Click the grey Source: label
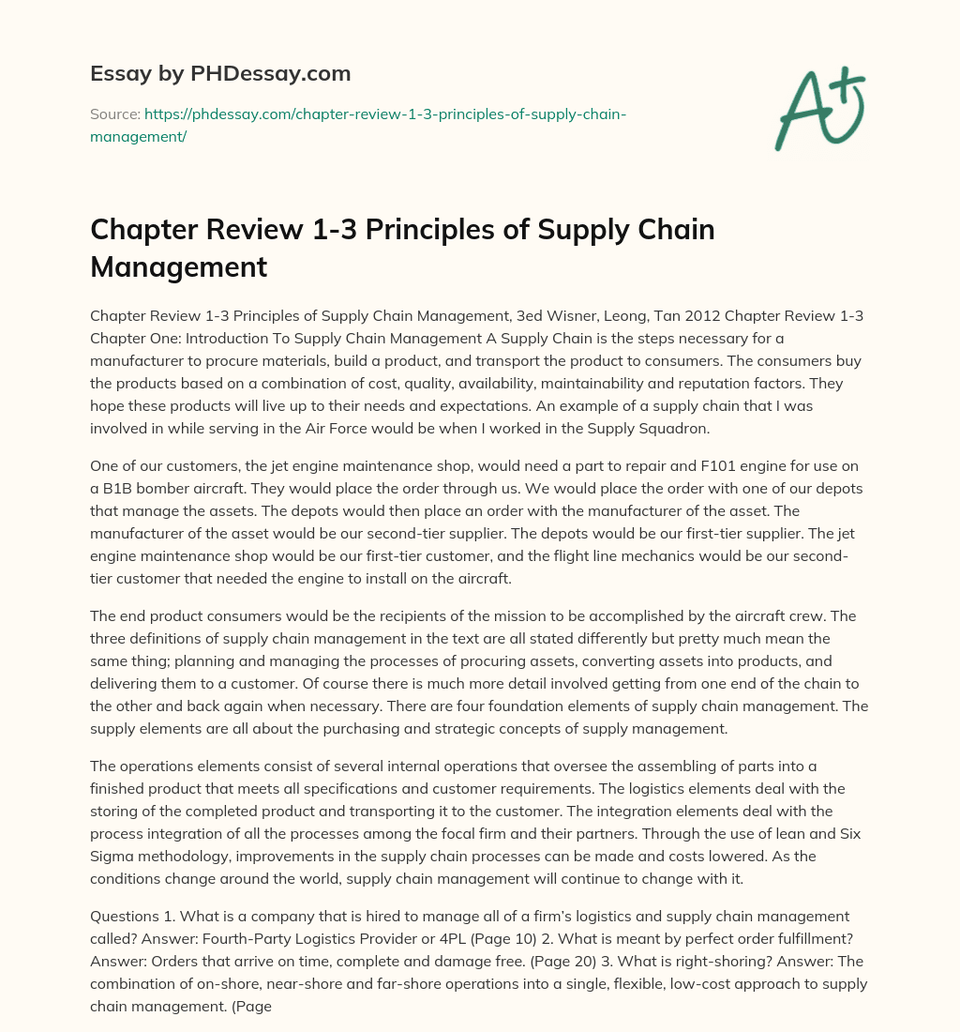tap(114, 114)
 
